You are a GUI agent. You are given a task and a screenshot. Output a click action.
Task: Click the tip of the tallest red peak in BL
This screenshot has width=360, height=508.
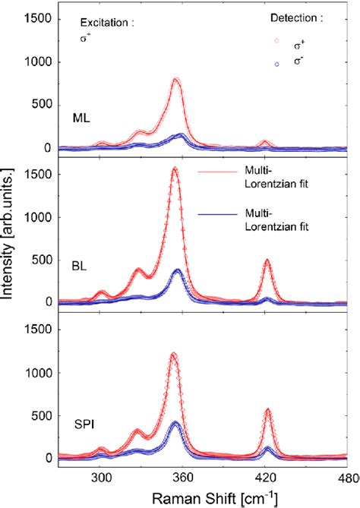175,169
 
